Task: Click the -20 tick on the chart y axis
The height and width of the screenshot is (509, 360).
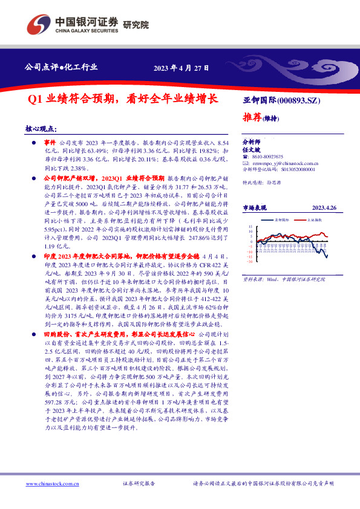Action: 249,261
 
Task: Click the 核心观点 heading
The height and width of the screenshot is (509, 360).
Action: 41,129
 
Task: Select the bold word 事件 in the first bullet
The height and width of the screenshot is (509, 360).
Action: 50,138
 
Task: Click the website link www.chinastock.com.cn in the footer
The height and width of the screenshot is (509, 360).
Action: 51,484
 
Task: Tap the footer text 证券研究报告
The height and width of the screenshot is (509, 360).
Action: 139,484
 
